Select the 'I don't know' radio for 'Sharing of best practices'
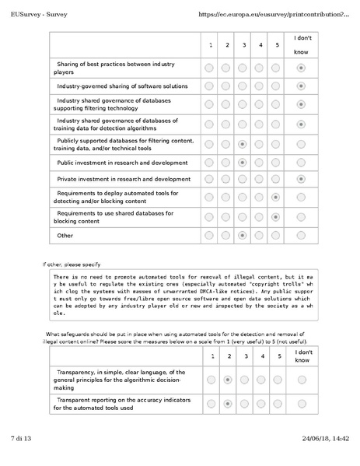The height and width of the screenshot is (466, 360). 301,68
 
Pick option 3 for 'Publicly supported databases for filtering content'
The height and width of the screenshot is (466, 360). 243,144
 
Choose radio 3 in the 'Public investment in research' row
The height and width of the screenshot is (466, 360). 243,163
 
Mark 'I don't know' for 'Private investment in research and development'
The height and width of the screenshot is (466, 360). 301,180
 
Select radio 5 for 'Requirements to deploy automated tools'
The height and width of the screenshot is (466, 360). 277,198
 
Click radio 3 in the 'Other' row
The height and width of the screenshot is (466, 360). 243,235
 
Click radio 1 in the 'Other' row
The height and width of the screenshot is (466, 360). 209,235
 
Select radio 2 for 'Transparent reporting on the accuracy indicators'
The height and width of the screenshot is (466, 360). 226,404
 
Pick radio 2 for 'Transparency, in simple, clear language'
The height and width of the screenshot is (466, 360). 226,380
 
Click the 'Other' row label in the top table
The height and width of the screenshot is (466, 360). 65,235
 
